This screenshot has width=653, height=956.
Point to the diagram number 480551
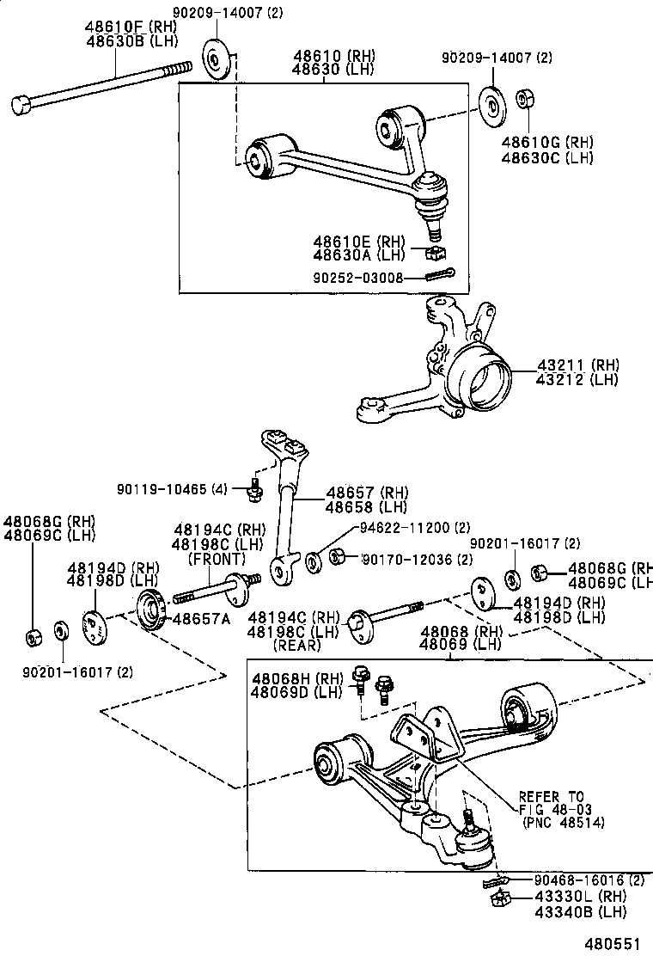tap(613, 941)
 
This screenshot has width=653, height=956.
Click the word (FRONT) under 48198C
tap(217, 559)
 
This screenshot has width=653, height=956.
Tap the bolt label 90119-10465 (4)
tap(172, 488)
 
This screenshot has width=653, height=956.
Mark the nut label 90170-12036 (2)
tap(418, 560)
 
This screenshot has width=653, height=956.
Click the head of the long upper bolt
tap(21, 106)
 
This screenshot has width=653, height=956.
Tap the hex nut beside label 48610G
tap(524, 99)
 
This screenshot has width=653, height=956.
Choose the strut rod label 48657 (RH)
tap(360, 493)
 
